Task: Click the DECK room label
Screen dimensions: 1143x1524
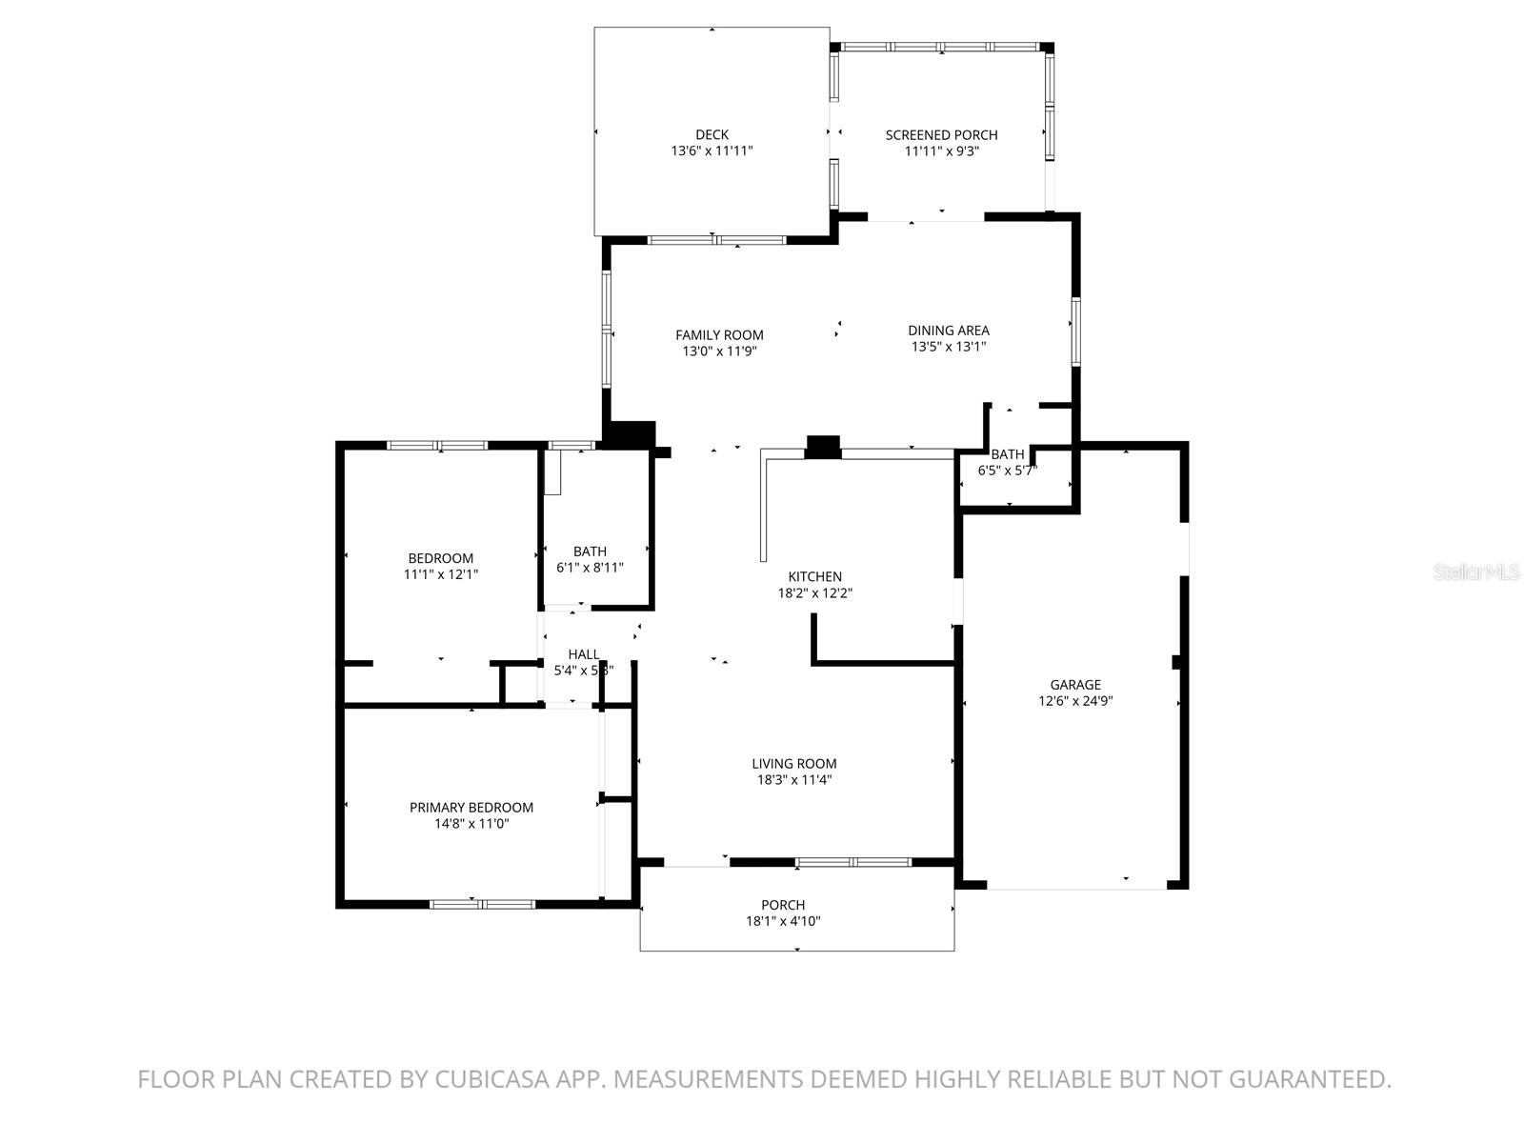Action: [x=712, y=134]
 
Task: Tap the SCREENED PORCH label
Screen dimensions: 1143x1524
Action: [x=941, y=134]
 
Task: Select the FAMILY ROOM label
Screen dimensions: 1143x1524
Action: [x=719, y=334]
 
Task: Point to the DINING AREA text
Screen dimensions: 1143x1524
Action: [x=948, y=331]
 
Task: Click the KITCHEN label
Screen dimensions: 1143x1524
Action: [x=814, y=576]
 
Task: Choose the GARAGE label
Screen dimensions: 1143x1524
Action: [x=1075, y=684]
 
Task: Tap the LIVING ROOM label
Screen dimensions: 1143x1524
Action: [x=793, y=763]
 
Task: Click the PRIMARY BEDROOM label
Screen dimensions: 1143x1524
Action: [x=471, y=807]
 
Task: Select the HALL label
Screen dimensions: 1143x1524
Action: [x=583, y=654]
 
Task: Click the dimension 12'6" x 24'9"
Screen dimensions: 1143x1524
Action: [x=1075, y=701]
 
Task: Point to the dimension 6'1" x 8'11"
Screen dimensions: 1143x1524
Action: [x=590, y=568]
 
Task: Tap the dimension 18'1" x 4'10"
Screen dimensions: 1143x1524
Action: [x=783, y=921]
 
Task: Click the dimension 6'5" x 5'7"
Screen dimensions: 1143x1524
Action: [x=1007, y=470]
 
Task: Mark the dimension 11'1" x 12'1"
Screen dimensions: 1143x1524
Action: [x=440, y=574]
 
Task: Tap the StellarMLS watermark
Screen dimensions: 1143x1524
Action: [x=1477, y=571]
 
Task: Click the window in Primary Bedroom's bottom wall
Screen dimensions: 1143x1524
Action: [x=482, y=903]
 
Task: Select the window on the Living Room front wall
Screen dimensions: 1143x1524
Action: [x=852, y=862]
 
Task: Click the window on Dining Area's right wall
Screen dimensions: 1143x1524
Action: [x=1075, y=331]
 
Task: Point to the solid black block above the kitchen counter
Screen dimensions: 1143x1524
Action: [x=822, y=447]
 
